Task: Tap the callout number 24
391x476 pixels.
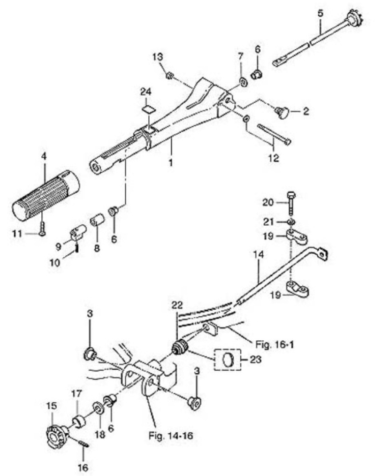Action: (146, 92)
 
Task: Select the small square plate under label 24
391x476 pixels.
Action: (148, 109)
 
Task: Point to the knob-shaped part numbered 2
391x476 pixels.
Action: (282, 112)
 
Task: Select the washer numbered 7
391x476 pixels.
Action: (243, 82)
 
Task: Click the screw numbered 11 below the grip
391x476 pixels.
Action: (43, 228)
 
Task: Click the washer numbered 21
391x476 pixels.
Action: (291, 222)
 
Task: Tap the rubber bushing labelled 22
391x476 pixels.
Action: (180, 347)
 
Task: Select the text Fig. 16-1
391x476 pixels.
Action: (274, 345)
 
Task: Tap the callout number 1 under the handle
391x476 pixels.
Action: (171, 162)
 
